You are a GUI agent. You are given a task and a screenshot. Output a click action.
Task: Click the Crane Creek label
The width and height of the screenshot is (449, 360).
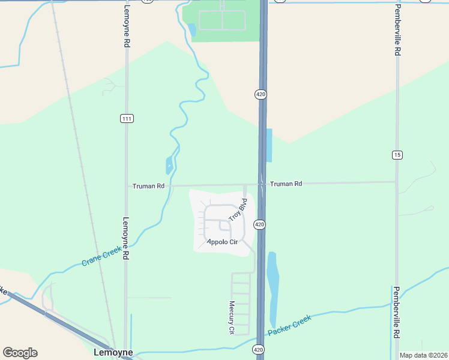click(x=101, y=259)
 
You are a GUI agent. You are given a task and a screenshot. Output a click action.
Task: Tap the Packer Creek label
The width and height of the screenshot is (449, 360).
click(x=290, y=325)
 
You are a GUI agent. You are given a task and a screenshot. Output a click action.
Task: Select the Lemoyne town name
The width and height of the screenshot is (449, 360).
click(x=113, y=353)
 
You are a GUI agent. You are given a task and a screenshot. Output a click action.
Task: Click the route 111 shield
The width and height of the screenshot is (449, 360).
click(x=126, y=118)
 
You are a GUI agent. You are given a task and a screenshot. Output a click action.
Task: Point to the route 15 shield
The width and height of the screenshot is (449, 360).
click(x=397, y=155)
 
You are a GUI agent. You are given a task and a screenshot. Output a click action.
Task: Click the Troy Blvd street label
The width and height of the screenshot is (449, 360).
click(x=238, y=212)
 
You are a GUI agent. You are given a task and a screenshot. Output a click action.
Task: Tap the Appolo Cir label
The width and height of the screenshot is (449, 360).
click(x=222, y=242)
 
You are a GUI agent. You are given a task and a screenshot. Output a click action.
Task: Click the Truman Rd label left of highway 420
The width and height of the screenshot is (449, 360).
click(x=148, y=186)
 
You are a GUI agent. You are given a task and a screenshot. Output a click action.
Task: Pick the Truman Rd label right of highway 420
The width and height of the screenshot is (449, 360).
click(x=286, y=184)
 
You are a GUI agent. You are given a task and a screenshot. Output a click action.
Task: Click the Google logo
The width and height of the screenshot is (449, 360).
click(x=20, y=353)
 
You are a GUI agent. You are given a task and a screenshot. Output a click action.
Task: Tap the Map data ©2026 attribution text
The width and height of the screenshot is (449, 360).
click(x=423, y=355)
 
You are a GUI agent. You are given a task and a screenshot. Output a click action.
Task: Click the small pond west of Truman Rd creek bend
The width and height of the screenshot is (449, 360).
click(x=169, y=165)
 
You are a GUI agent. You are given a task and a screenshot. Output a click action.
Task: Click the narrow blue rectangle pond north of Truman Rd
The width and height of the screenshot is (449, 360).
click(x=269, y=145)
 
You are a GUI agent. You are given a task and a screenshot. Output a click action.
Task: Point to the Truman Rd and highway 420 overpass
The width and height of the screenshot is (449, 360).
click(x=262, y=183)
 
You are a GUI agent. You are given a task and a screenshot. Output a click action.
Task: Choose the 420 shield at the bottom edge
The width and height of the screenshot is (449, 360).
click(x=258, y=349)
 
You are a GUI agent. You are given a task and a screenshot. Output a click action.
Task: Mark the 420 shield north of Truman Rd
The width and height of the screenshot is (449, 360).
click(x=260, y=94)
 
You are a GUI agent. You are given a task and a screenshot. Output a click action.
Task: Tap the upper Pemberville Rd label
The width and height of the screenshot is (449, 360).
click(x=397, y=30)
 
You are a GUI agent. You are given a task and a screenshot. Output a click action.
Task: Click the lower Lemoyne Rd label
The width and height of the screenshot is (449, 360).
click(x=126, y=238)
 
